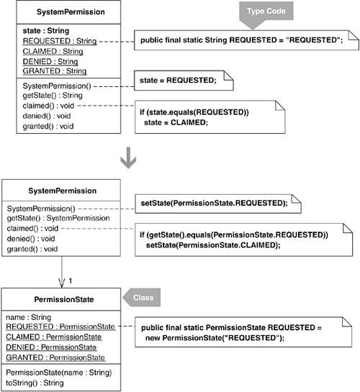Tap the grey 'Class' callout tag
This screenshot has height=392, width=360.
point(142,297)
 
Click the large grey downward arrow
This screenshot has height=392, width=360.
point(128,158)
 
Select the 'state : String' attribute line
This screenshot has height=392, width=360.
point(46,31)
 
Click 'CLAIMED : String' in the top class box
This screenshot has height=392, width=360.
point(53,51)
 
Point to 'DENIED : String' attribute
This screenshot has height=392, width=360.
point(50,62)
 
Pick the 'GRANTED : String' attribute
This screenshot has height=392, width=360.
point(55,71)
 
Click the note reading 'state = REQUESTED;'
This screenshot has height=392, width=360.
point(184,81)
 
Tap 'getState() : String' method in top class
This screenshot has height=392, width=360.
point(53,95)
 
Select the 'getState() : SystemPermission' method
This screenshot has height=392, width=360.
point(58,218)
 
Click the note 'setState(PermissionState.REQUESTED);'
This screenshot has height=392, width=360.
point(218,204)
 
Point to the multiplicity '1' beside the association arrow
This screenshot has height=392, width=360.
point(71,281)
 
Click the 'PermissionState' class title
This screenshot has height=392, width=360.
point(64,299)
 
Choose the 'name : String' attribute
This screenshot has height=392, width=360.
point(29,317)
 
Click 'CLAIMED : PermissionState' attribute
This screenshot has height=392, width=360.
point(54,337)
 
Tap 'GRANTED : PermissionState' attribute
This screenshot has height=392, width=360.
point(55,357)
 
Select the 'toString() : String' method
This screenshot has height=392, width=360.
point(35,383)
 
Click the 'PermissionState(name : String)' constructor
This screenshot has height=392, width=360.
point(59,373)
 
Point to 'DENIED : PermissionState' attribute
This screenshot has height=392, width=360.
point(51,347)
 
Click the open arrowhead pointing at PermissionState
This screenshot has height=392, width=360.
point(61,283)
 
